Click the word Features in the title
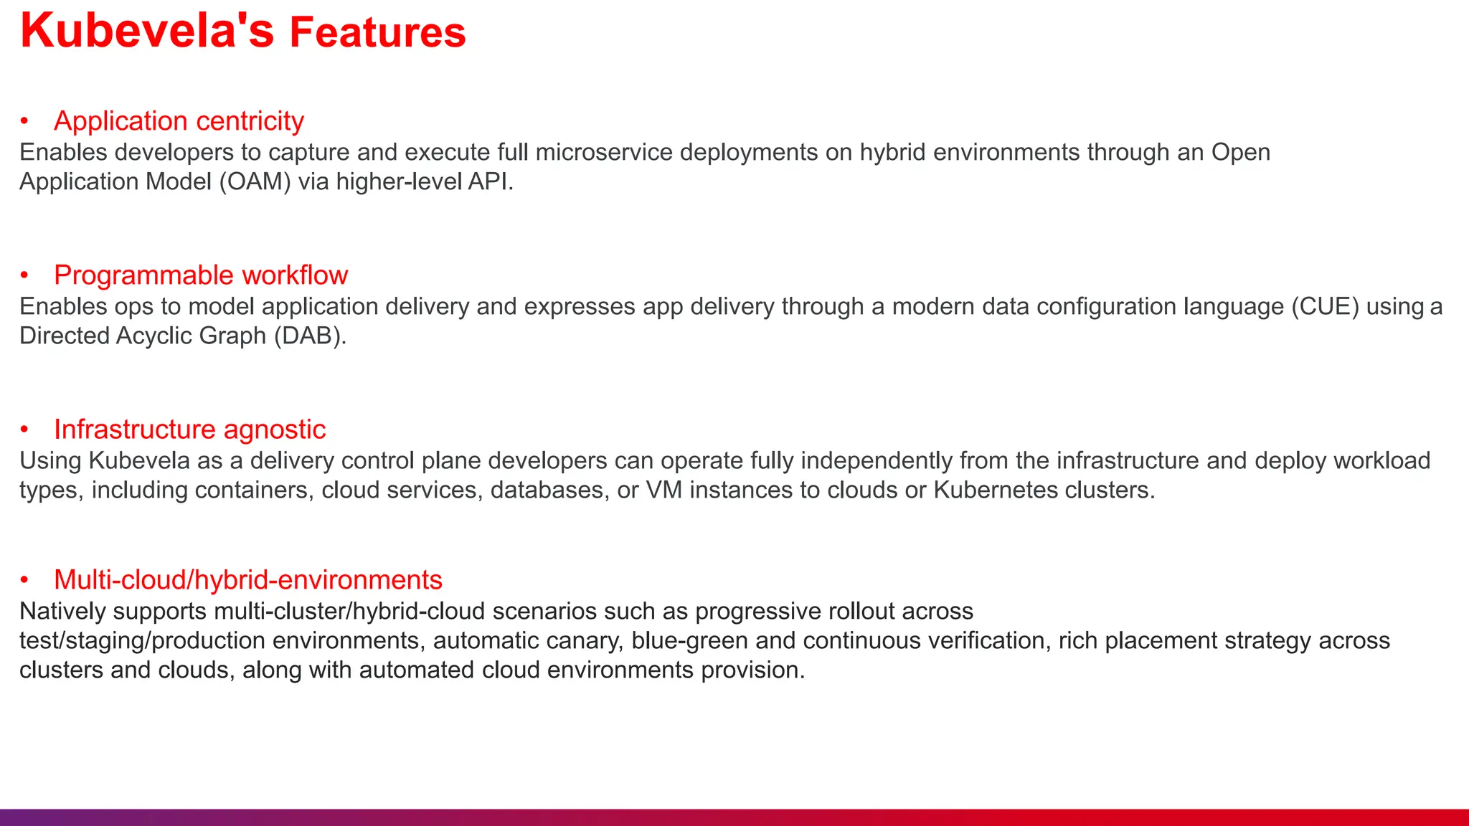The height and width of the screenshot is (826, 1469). tap(377, 33)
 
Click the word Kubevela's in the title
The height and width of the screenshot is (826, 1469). tap(147, 32)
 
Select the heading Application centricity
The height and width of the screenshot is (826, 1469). tap(179, 121)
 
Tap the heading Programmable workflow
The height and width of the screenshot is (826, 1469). tap(201, 275)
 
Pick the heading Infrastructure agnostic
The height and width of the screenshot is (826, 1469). tap(189, 429)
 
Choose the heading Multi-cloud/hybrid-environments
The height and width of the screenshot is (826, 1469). tap(247, 580)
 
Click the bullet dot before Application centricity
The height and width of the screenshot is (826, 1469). tap(24, 121)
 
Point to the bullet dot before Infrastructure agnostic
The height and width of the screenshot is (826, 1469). tap(24, 429)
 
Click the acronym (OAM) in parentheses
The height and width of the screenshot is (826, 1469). tap(255, 182)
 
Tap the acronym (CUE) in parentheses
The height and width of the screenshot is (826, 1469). tap(1325, 307)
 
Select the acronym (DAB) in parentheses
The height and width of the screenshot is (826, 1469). tap(310, 336)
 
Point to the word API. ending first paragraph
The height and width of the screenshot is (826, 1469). tap(491, 182)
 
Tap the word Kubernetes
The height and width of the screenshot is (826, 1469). tap(996, 490)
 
